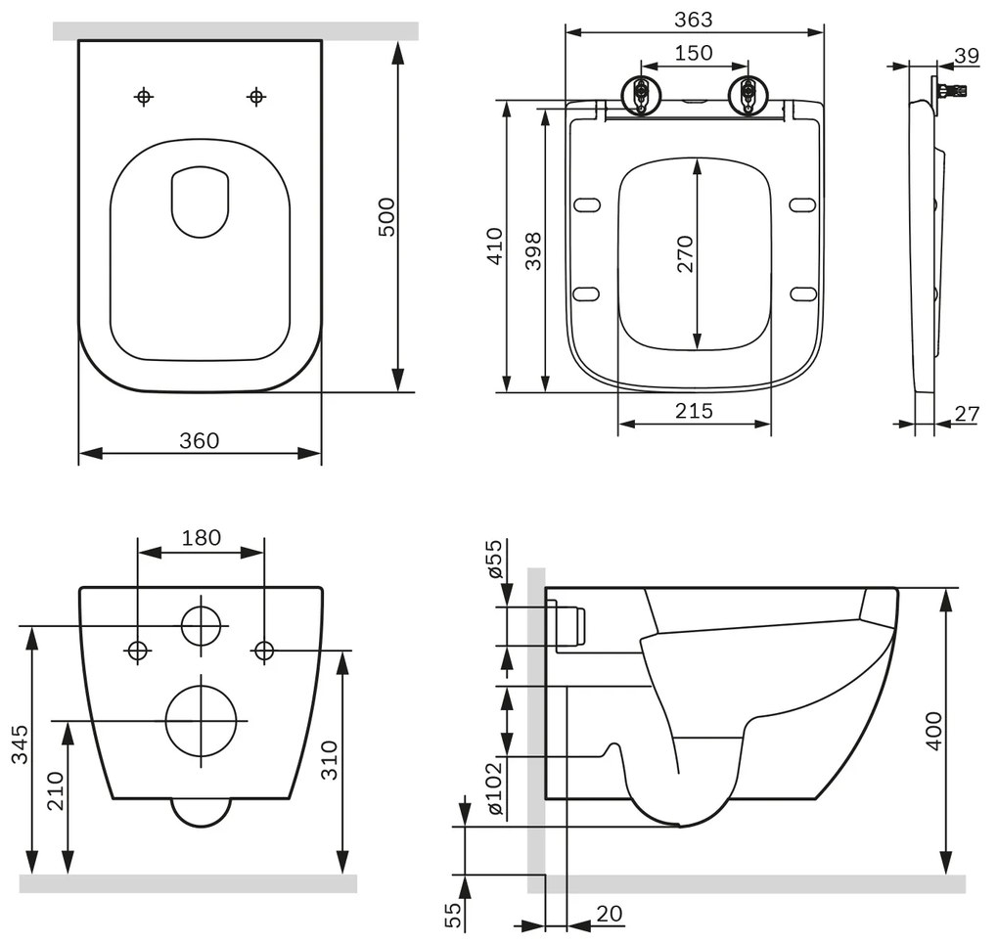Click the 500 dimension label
(x=386, y=216)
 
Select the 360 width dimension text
(x=199, y=440)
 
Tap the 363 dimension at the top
(x=694, y=19)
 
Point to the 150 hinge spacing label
(x=694, y=53)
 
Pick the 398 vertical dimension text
(x=533, y=251)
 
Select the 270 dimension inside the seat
(x=684, y=254)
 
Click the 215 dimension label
(x=694, y=412)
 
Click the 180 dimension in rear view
(x=202, y=537)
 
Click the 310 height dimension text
(x=329, y=760)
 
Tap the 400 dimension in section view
(x=933, y=731)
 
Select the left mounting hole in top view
(x=144, y=96)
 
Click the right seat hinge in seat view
(x=748, y=96)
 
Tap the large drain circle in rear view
(x=202, y=720)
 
